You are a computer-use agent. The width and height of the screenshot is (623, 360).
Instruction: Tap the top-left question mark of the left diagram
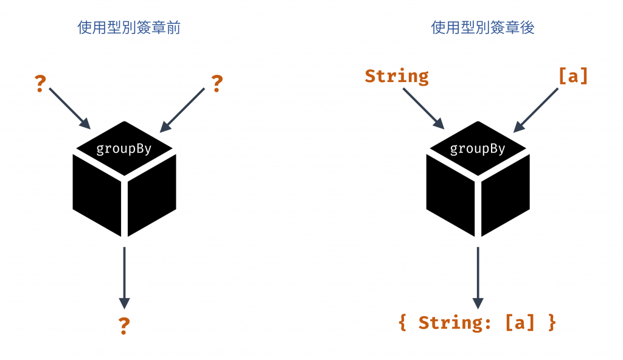(40, 83)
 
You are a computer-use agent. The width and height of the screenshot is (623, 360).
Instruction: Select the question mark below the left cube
(124, 326)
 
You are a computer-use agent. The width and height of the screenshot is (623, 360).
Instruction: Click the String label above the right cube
(397, 77)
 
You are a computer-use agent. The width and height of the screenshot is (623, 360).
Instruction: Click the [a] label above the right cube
(573, 77)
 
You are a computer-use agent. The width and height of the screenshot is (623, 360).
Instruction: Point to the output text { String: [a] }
(478, 322)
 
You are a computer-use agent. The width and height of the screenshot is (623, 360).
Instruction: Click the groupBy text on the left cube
(124, 148)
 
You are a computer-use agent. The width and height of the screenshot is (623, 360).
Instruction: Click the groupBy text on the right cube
(478, 148)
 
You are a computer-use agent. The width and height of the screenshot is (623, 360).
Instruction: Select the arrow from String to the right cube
(423, 108)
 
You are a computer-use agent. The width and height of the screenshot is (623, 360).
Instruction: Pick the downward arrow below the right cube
(478, 277)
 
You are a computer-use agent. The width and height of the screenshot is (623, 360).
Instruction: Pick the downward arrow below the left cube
(124, 277)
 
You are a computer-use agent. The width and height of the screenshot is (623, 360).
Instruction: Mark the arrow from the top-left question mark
(69, 108)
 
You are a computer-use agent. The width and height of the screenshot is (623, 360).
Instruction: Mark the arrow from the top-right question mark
(183, 109)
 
